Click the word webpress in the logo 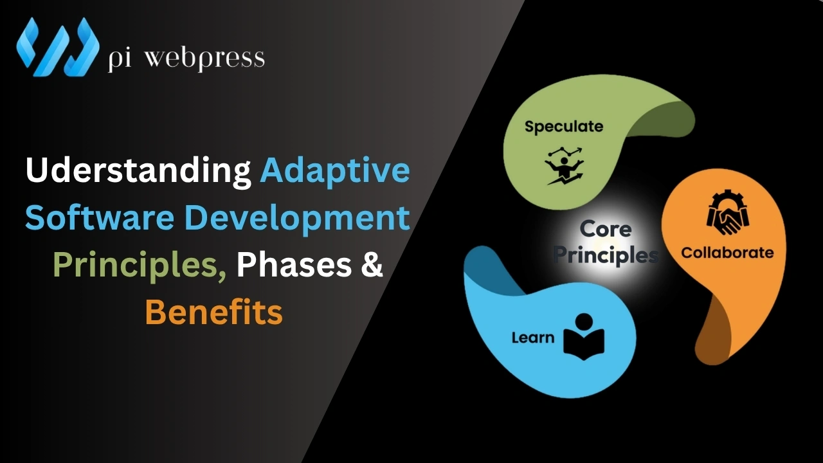204,58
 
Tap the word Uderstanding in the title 138,171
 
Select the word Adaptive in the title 334,171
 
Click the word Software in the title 100,218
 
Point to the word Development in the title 297,218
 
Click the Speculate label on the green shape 564,127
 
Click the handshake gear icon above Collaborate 727,212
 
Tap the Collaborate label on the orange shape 727,253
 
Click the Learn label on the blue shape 533,337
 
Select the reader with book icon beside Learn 584,335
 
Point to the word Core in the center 605,230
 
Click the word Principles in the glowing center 606,255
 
